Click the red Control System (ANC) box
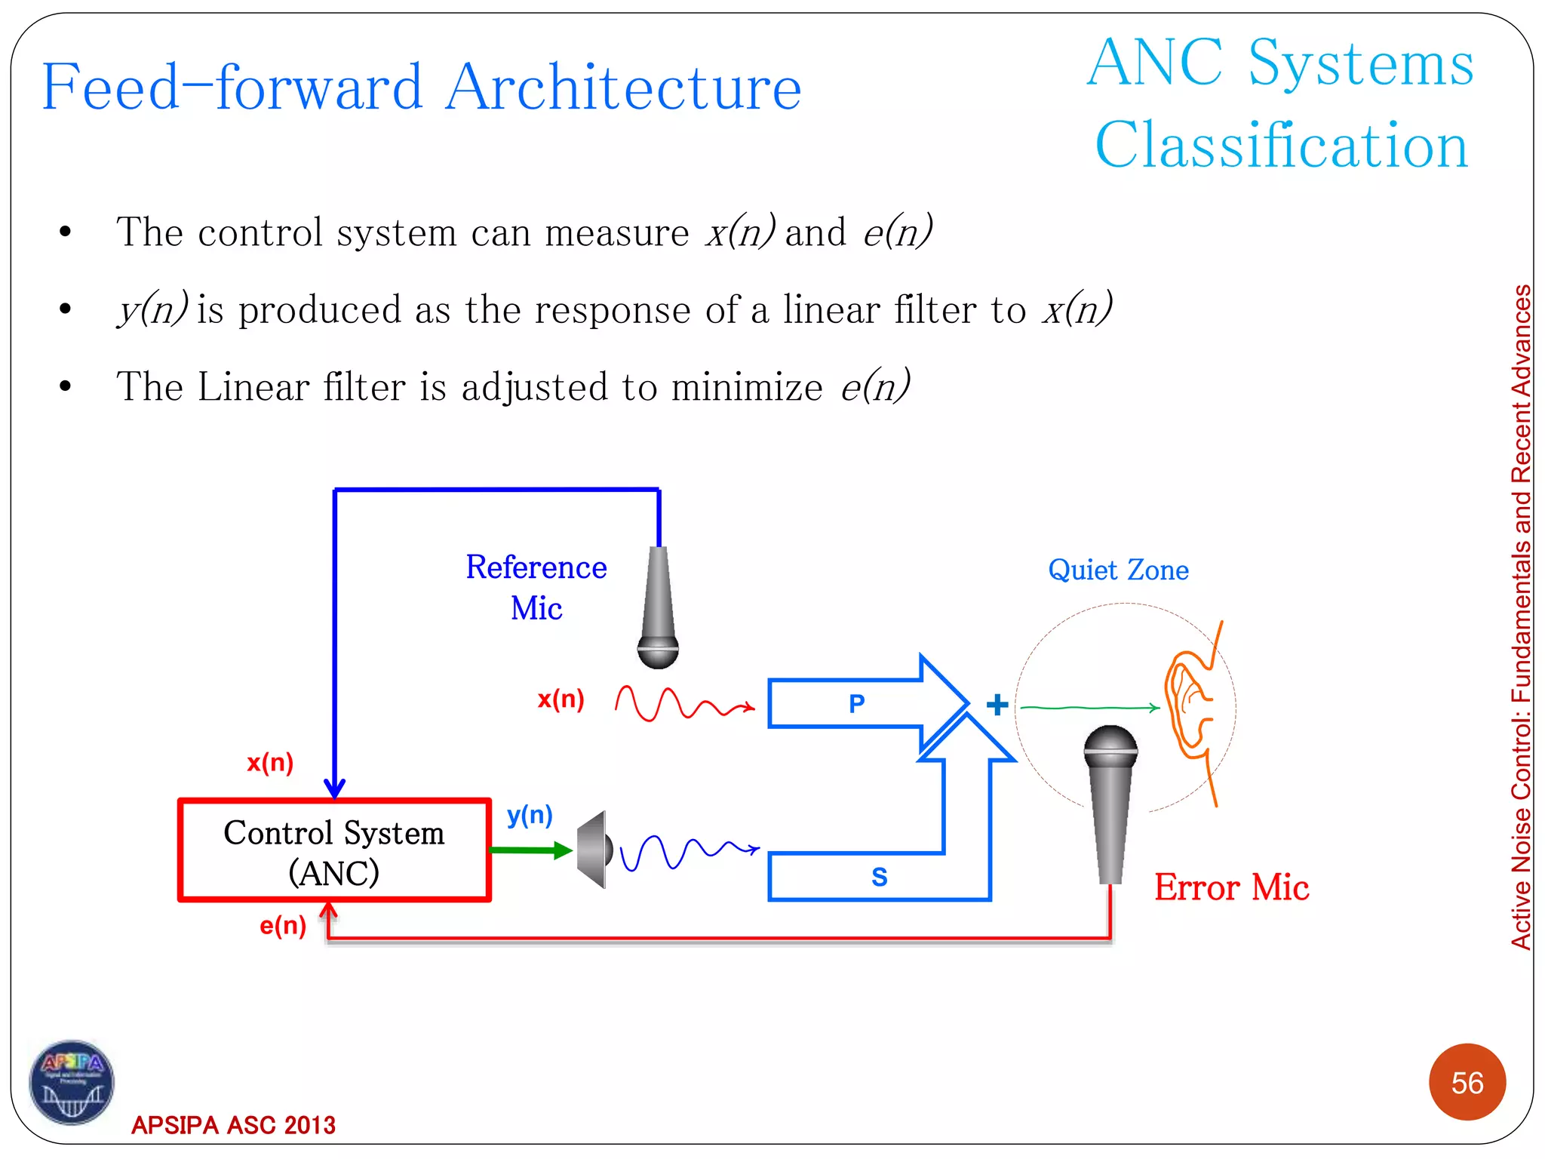(334, 850)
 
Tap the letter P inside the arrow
(856, 704)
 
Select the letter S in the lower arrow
(879, 877)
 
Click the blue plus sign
(997, 705)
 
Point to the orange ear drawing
(1190, 706)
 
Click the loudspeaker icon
(594, 850)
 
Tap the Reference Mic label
(536, 587)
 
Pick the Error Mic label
(1231, 887)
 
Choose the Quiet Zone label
(1118, 570)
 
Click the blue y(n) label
(530, 815)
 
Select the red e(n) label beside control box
(283, 926)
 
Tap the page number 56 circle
(1467, 1083)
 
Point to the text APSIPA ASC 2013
(233, 1125)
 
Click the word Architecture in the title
(622, 88)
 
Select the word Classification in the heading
(1281, 146)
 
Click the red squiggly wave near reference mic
(683, 703)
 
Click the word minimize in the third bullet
(747, 388)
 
